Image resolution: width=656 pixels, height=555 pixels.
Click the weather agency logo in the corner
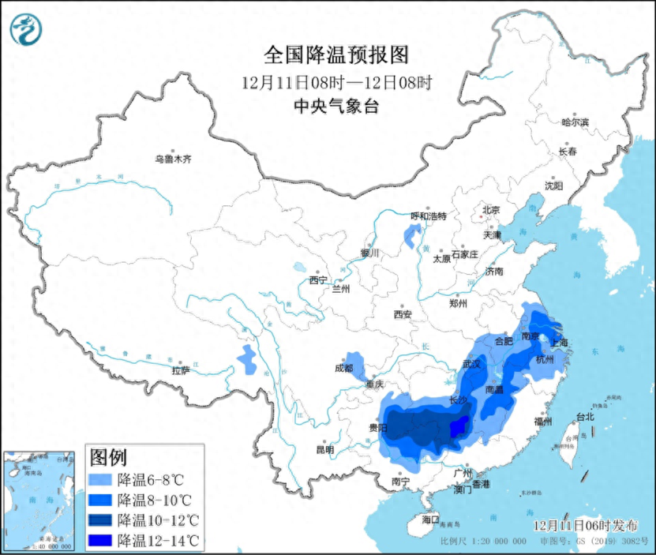click(26, 29)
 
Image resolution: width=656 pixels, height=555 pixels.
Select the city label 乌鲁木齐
click(173, 159)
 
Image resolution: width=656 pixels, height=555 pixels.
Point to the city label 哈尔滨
click(575, 122)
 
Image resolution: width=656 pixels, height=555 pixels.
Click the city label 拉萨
click(181, 370)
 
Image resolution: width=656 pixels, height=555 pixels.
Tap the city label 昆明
click(324, 449)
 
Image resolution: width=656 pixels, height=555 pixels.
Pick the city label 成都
click(343, 367)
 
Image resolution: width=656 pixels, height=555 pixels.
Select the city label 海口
click(429, 519)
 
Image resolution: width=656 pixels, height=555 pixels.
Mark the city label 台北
click(584, 416)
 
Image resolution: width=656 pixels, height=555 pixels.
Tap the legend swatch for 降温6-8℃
click(100, 479)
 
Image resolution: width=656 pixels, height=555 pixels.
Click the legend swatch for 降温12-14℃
click(100, 541)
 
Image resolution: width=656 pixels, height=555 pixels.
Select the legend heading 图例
click(109, 457)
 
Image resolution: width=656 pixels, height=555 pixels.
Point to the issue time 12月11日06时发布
click(583, 525)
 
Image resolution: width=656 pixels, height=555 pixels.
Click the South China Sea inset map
click(40, 501)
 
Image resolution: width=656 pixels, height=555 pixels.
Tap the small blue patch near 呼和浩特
click(411, 234)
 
